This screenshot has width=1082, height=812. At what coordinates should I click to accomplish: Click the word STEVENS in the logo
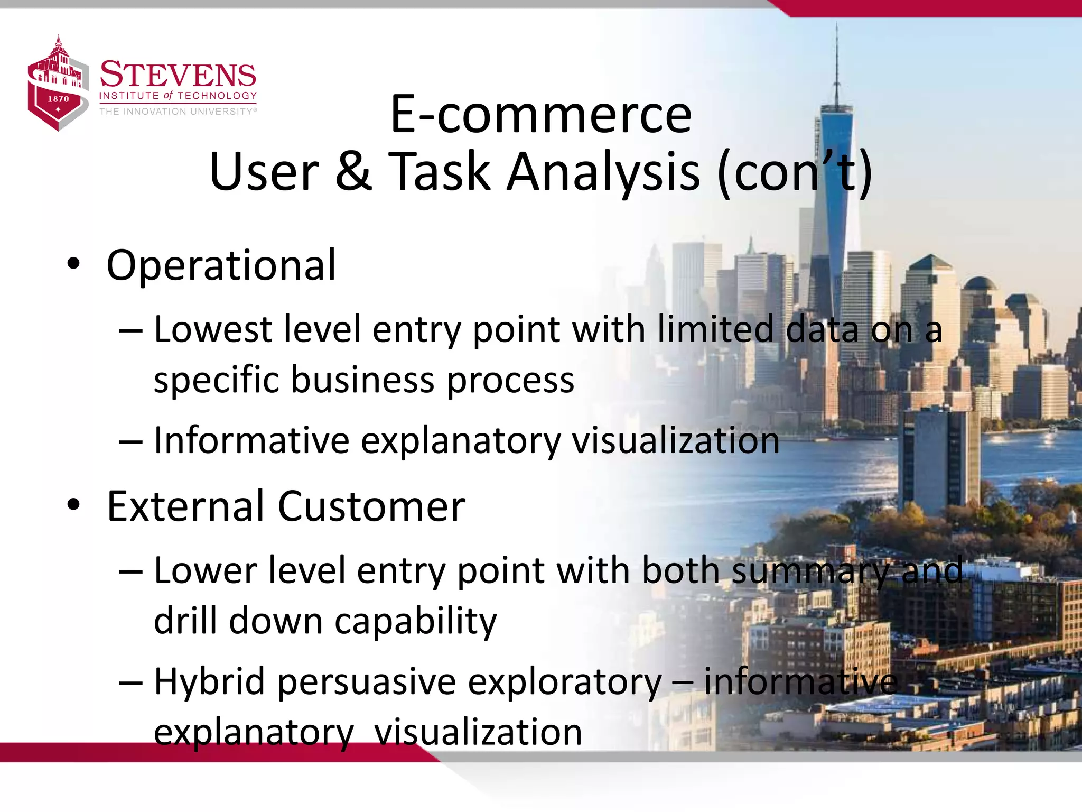tap(178, 75)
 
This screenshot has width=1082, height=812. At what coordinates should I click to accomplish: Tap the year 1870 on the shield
tap(58, 99)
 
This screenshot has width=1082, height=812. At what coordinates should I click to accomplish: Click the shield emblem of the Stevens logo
tap(57, 85)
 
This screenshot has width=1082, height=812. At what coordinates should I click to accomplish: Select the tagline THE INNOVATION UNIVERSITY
tap(178, 112)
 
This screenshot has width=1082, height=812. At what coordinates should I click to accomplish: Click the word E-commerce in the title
tap(540, 114)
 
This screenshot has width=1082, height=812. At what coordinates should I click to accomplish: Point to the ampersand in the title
tap(353, 171)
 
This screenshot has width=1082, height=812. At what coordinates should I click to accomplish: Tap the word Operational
tap(221, 265)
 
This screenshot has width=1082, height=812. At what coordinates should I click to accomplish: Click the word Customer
tap(371, 506)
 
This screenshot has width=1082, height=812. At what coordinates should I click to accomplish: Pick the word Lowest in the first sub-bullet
tap(212, 329)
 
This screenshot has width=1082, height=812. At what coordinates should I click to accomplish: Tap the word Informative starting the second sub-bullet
tap(251, 440)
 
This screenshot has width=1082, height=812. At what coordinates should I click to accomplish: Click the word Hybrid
tap(209, 682)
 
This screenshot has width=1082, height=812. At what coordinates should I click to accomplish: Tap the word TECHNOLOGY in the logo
tap(217, 96)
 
